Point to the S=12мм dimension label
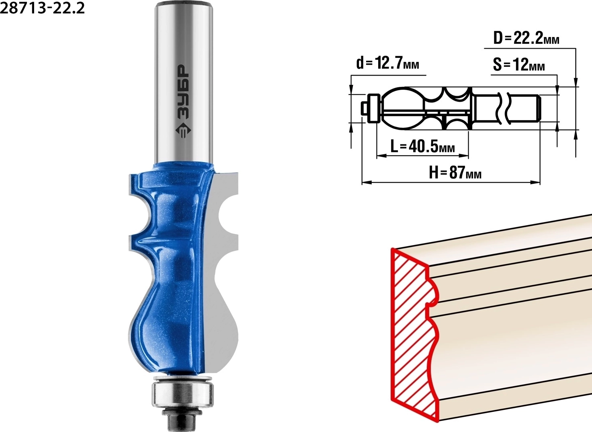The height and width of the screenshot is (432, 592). tap(519, 65)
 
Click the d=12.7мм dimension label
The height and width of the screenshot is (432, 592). tap(388, 64)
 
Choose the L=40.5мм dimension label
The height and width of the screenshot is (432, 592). tap(422, 146)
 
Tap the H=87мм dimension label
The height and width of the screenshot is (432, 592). tap(455, 173)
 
